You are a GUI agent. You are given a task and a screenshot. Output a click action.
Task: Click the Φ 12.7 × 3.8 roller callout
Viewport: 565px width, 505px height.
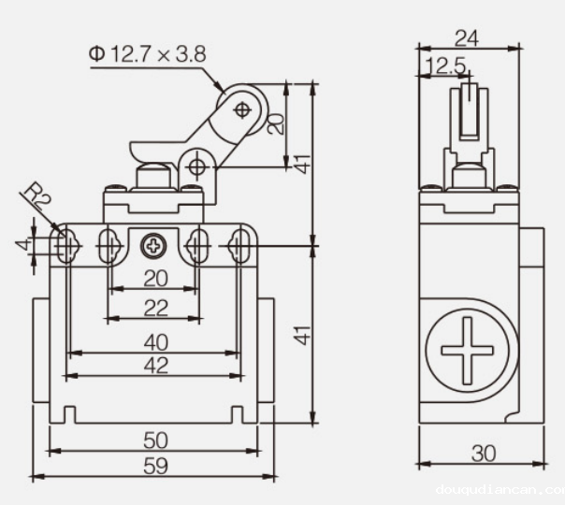tap(148, 54)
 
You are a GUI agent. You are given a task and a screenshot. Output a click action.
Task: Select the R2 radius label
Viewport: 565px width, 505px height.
tap(36, 196)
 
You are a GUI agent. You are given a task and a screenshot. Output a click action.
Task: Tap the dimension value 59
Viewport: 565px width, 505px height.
tap(155, 466)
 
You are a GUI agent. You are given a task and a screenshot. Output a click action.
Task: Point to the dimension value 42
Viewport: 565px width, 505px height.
tap(155, 365)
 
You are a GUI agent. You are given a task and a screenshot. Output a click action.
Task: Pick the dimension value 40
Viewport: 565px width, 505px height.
tap(155, 342)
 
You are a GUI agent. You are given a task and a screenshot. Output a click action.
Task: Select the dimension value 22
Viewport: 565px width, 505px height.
tap(155, 308)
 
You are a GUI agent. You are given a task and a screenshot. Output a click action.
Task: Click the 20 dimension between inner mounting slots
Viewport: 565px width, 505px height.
tap(155, 279)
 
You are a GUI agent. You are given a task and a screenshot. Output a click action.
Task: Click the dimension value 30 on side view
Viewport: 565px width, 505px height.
tap(484, 454)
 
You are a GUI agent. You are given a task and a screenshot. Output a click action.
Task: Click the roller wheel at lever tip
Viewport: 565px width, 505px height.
tap(242, 109)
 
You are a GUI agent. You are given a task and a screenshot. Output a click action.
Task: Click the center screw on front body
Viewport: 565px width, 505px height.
tap(152, 246)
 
